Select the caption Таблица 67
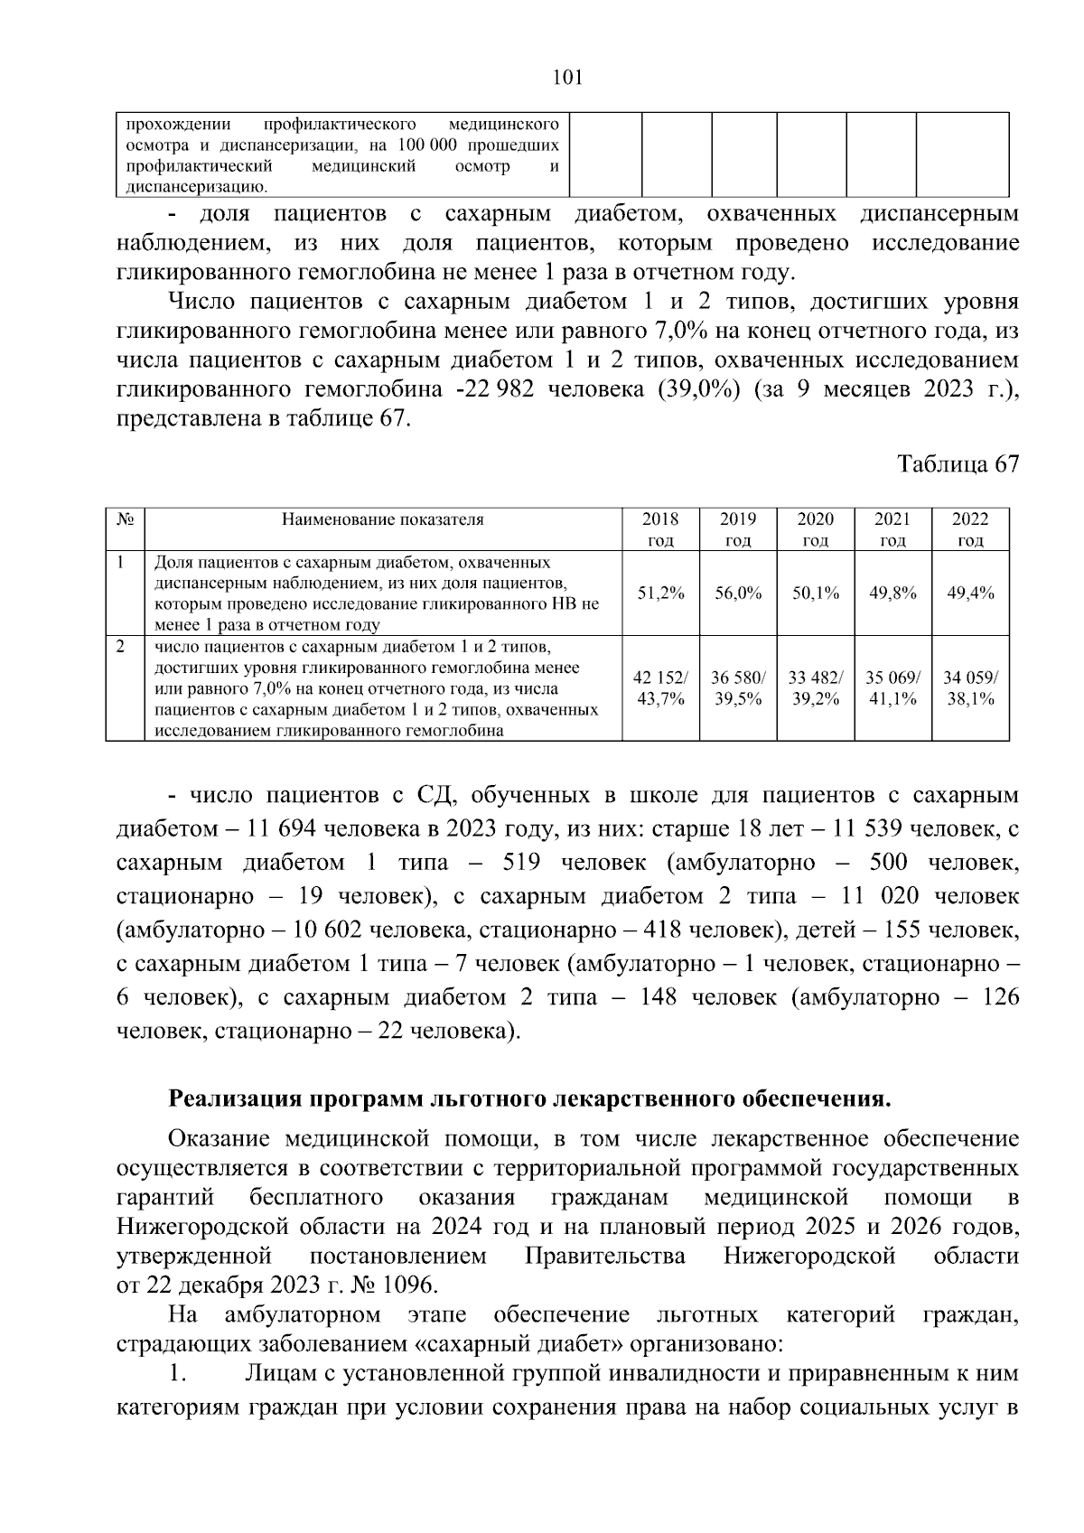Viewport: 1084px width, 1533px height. (x=958, y=464)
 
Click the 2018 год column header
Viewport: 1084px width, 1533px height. (x=660, y=529)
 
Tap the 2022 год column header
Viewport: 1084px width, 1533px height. (x=970, y=529)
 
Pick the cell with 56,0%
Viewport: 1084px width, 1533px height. (x=738, y=593)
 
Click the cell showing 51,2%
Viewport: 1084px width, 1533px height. (x=660, y=593)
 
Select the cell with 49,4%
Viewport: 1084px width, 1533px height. (x=970, y=593)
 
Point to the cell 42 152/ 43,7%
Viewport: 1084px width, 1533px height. (x=660, y=688)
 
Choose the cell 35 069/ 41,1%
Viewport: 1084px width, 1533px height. (x=892, y=688)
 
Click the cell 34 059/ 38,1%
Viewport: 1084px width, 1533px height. (x=970, y=688)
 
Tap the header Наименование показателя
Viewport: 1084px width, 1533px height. (x=383, y=519)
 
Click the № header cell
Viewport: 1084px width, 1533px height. (x=126, y=519)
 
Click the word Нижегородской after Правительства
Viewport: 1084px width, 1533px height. (x=809, y=1256)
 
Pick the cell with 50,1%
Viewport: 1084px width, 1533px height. (x=816, y=593)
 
